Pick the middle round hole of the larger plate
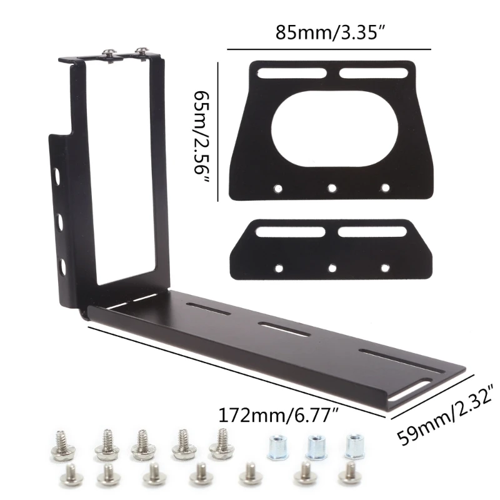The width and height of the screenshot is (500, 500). coord(332,187)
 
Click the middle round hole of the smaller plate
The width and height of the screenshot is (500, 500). coord(332,267)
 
